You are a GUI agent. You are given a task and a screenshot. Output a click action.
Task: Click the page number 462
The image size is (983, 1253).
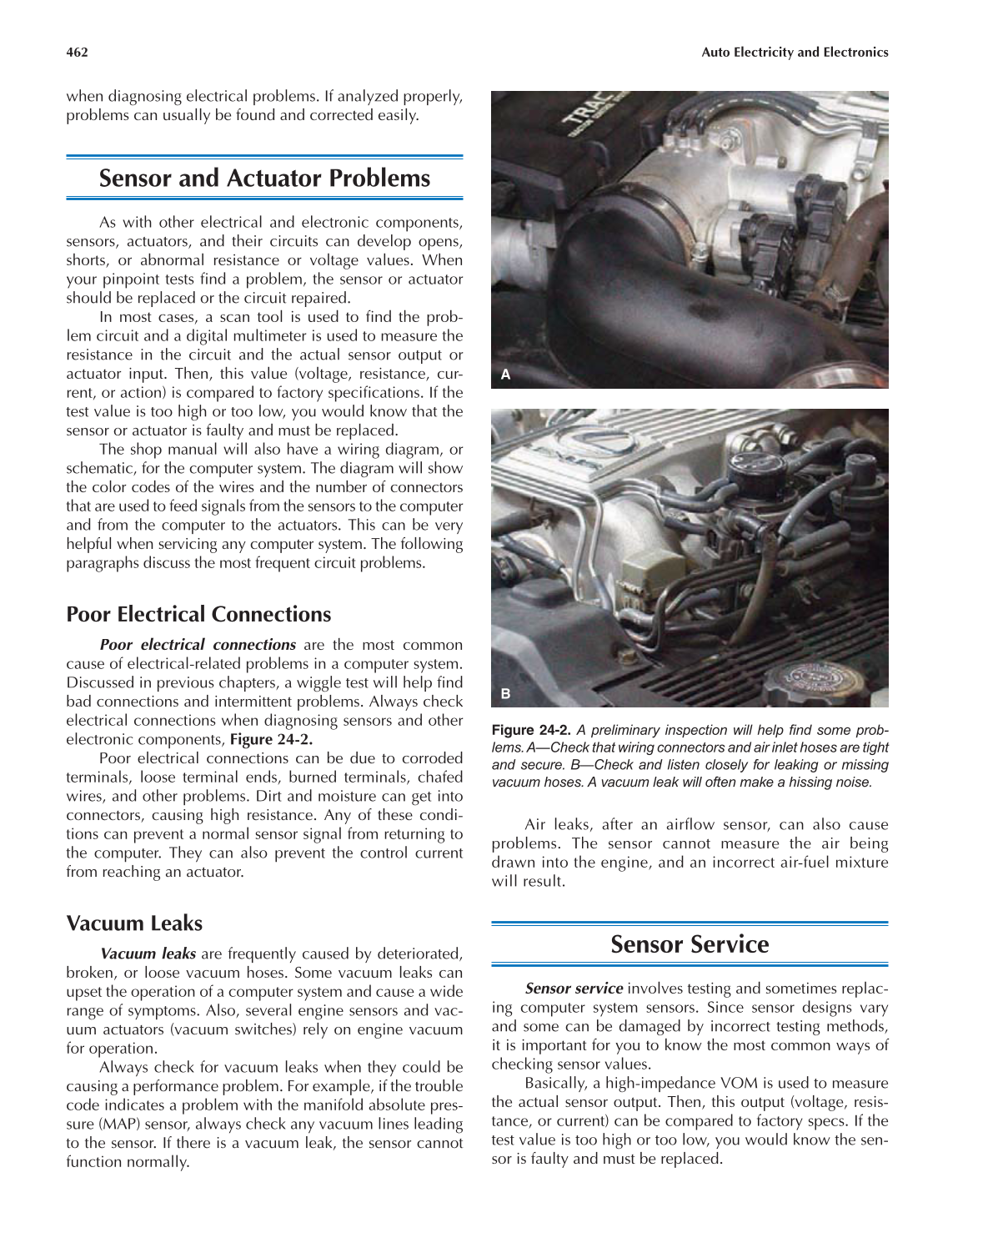pos(77,53)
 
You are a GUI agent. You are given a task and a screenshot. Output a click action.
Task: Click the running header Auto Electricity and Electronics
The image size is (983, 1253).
pos(794,53)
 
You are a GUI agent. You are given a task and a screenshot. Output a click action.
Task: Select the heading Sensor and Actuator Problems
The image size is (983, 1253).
pos(264,179)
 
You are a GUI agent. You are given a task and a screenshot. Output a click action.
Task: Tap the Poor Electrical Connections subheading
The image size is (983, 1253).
pos(198,615)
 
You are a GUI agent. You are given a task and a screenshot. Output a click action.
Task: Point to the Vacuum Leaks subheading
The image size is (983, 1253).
pos(134,923)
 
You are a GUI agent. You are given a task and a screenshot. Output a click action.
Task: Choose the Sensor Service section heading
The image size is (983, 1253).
pos(689,944)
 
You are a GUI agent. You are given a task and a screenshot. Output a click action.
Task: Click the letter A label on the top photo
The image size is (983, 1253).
pos(505,375)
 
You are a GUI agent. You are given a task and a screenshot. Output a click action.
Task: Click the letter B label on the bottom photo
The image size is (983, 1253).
pos(505,693)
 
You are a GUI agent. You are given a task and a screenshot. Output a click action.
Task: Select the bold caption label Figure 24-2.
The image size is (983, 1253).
pos(530,731)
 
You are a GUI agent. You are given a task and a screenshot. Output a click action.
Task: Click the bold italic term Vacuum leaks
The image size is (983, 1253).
pos(148,954)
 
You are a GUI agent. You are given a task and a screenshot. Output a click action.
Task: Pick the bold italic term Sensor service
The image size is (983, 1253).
pos(574,989)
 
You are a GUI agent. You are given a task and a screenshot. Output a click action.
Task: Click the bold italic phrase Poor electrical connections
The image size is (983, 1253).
pos(197,646)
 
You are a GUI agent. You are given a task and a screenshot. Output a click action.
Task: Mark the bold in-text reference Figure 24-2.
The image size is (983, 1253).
pos(271,740)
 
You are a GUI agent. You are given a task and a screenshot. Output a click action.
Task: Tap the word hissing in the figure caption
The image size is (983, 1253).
pos(800,782)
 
